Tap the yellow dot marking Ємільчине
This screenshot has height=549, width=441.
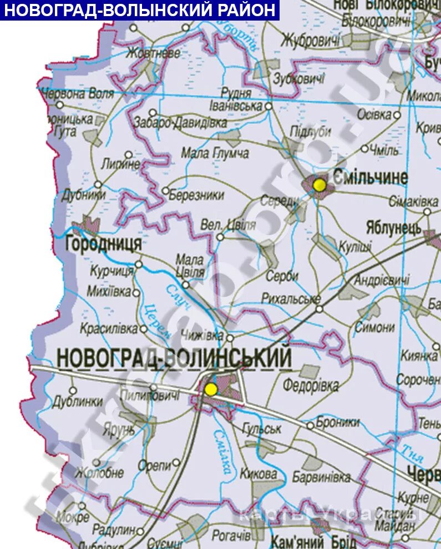[320, 184]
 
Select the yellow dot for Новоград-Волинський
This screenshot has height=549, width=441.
[210, 389]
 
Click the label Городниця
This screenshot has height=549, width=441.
[103, 244]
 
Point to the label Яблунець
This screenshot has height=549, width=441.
[393, 227]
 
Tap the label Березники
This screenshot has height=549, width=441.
[196, 195]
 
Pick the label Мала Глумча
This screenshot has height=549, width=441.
[215, 153]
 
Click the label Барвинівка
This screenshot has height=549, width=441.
[322, 477]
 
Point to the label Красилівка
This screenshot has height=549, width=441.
[109, 328]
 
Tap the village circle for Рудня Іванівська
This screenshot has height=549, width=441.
[268, 105]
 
